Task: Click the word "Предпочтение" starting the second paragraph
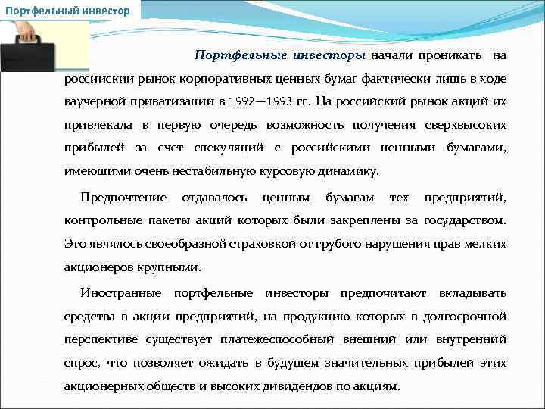[123, 198]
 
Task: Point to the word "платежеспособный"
[269, 339]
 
